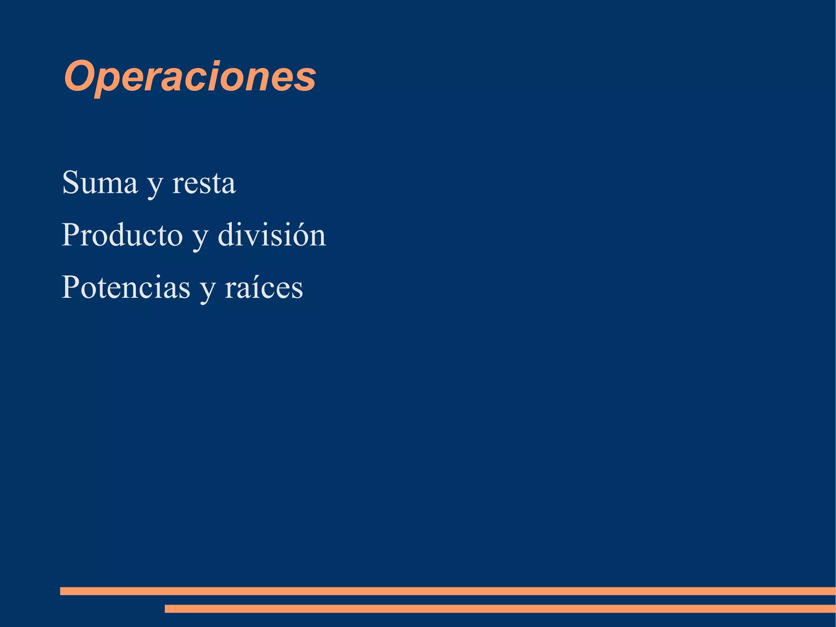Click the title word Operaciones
click(x=190, y=77)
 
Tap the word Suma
click(x=100, y=183)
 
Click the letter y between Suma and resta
click(x=155, y=186)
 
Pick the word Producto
click(x=122, y=235)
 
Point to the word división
click(x=272, y=235)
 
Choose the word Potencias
click(x=126, y=287)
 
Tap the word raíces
click(x=264, y=287)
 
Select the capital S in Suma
click(x=71, y=182)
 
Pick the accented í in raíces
click(x=253, y=287)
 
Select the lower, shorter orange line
click(x=500, y=609)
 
